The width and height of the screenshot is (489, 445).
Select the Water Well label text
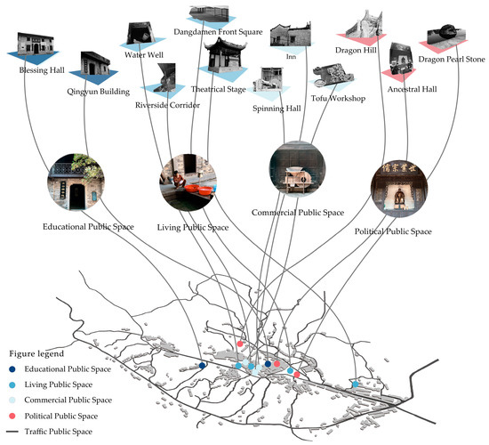pos(143,53)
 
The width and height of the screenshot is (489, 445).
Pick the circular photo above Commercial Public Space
pos(297,169)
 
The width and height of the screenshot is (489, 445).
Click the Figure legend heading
pos(38,352)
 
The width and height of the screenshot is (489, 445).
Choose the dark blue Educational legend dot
pos(12,369)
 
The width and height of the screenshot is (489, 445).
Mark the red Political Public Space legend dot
pos(12,416)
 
